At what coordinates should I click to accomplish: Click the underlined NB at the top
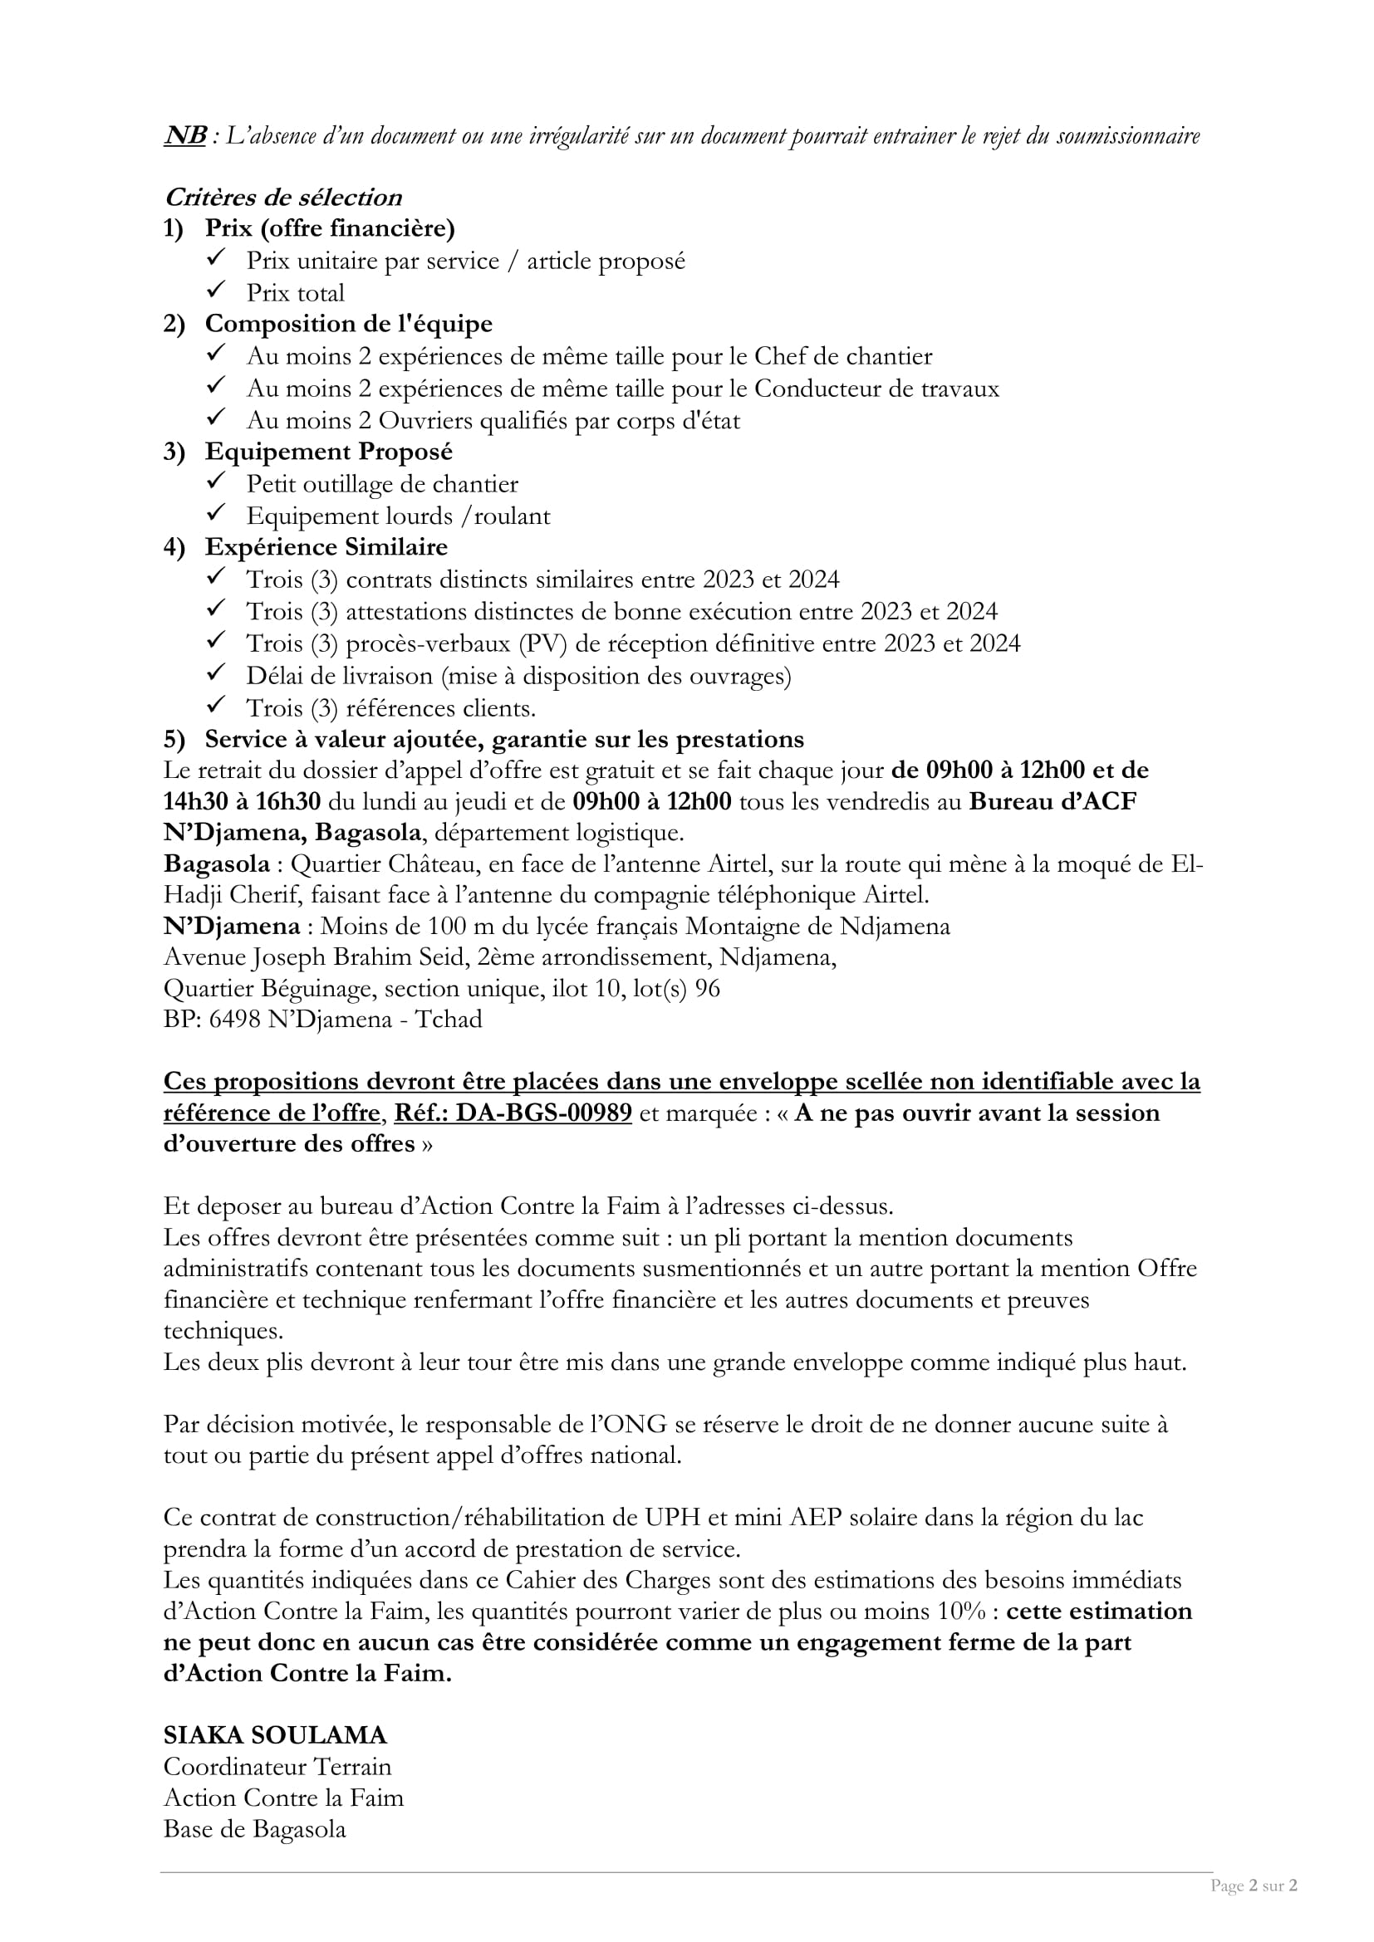[184, 136]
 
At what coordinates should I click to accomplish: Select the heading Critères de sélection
[282, 198]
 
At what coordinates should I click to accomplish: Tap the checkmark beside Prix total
[216, 291]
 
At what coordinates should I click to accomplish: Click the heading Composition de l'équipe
[348, 324]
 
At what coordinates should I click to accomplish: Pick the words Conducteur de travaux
[876, 389]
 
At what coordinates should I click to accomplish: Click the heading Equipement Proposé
[328, 452]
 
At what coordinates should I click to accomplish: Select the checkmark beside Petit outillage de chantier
[216, 482]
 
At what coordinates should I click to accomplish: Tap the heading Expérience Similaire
[326, 548]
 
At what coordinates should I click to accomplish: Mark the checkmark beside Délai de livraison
[216, 674]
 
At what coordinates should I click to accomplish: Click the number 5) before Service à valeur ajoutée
[174, 740]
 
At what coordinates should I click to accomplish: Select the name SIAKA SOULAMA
[275, 1735]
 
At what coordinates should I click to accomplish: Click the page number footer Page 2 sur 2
[1254, 1886]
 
